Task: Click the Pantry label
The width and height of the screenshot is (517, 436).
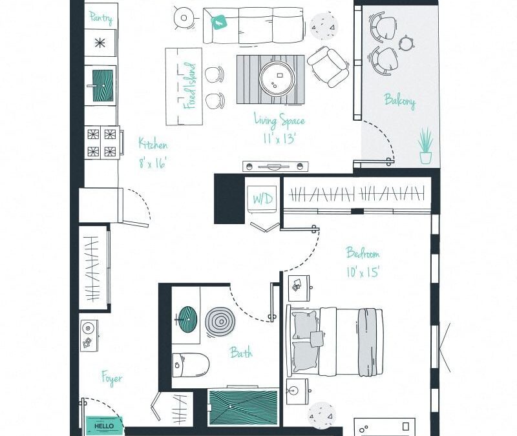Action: [x=100, y=17]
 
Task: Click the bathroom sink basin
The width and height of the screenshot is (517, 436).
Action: [x=187, y=318]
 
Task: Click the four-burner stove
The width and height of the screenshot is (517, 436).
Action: [x=101, y=143]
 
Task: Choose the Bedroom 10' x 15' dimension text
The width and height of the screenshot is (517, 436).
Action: [x=362, y=262]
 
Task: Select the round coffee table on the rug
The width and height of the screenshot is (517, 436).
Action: [x=277, y=79]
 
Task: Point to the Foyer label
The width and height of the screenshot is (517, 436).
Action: [x=111, y=378]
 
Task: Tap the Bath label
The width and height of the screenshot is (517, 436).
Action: [x=241, y=353]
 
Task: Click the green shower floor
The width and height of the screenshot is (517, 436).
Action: [x=243, y=408]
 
